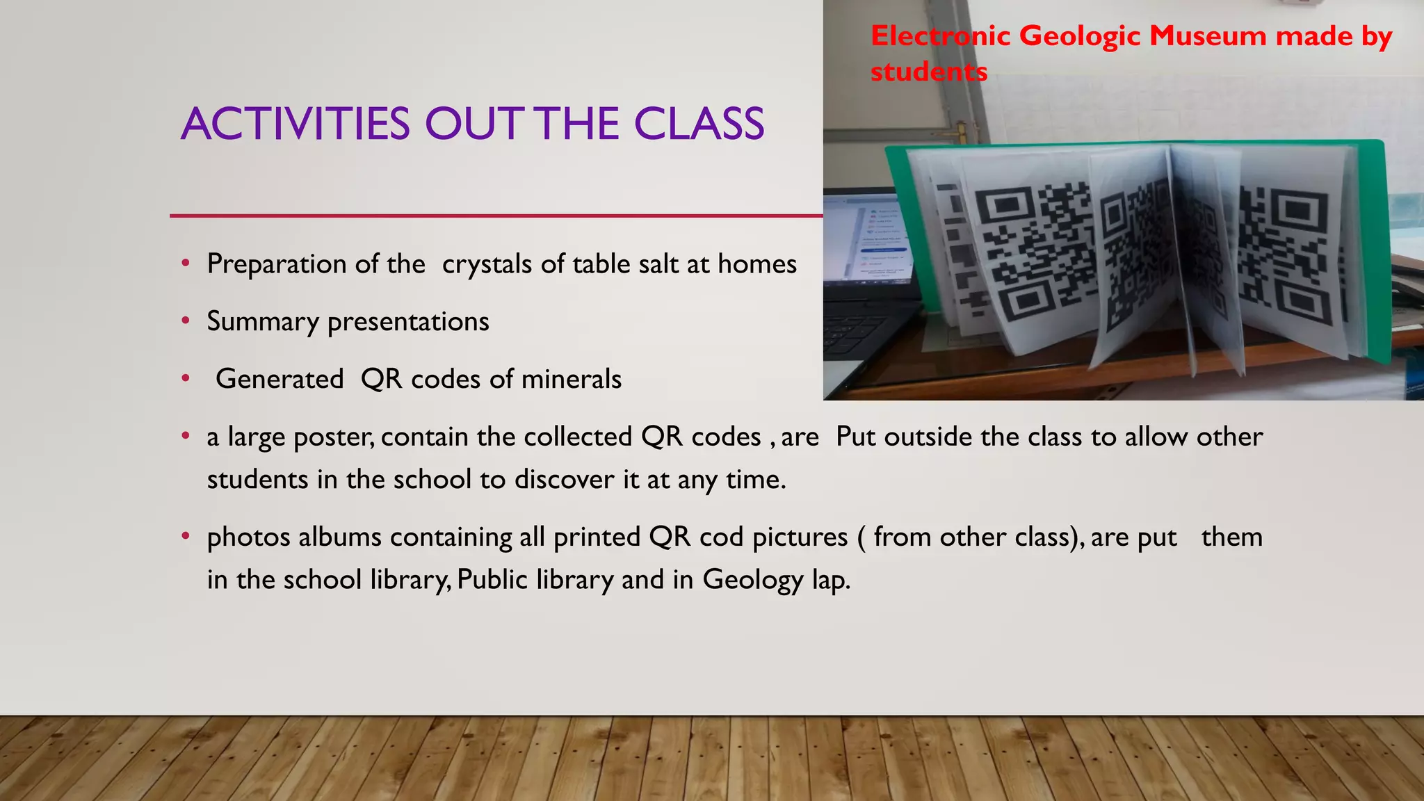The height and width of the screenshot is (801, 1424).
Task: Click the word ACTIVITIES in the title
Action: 296,124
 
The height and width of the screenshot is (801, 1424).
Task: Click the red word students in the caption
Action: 929,72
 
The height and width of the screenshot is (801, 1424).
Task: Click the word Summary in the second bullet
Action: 262,322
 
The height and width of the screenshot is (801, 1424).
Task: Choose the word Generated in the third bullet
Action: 280,380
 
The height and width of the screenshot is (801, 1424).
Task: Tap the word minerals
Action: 571,380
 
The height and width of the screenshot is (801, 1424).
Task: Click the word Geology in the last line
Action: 752,580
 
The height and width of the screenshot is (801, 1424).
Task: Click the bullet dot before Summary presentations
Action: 186,321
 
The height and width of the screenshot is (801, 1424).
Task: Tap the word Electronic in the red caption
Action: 940,35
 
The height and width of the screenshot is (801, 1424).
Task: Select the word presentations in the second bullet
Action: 408,322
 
